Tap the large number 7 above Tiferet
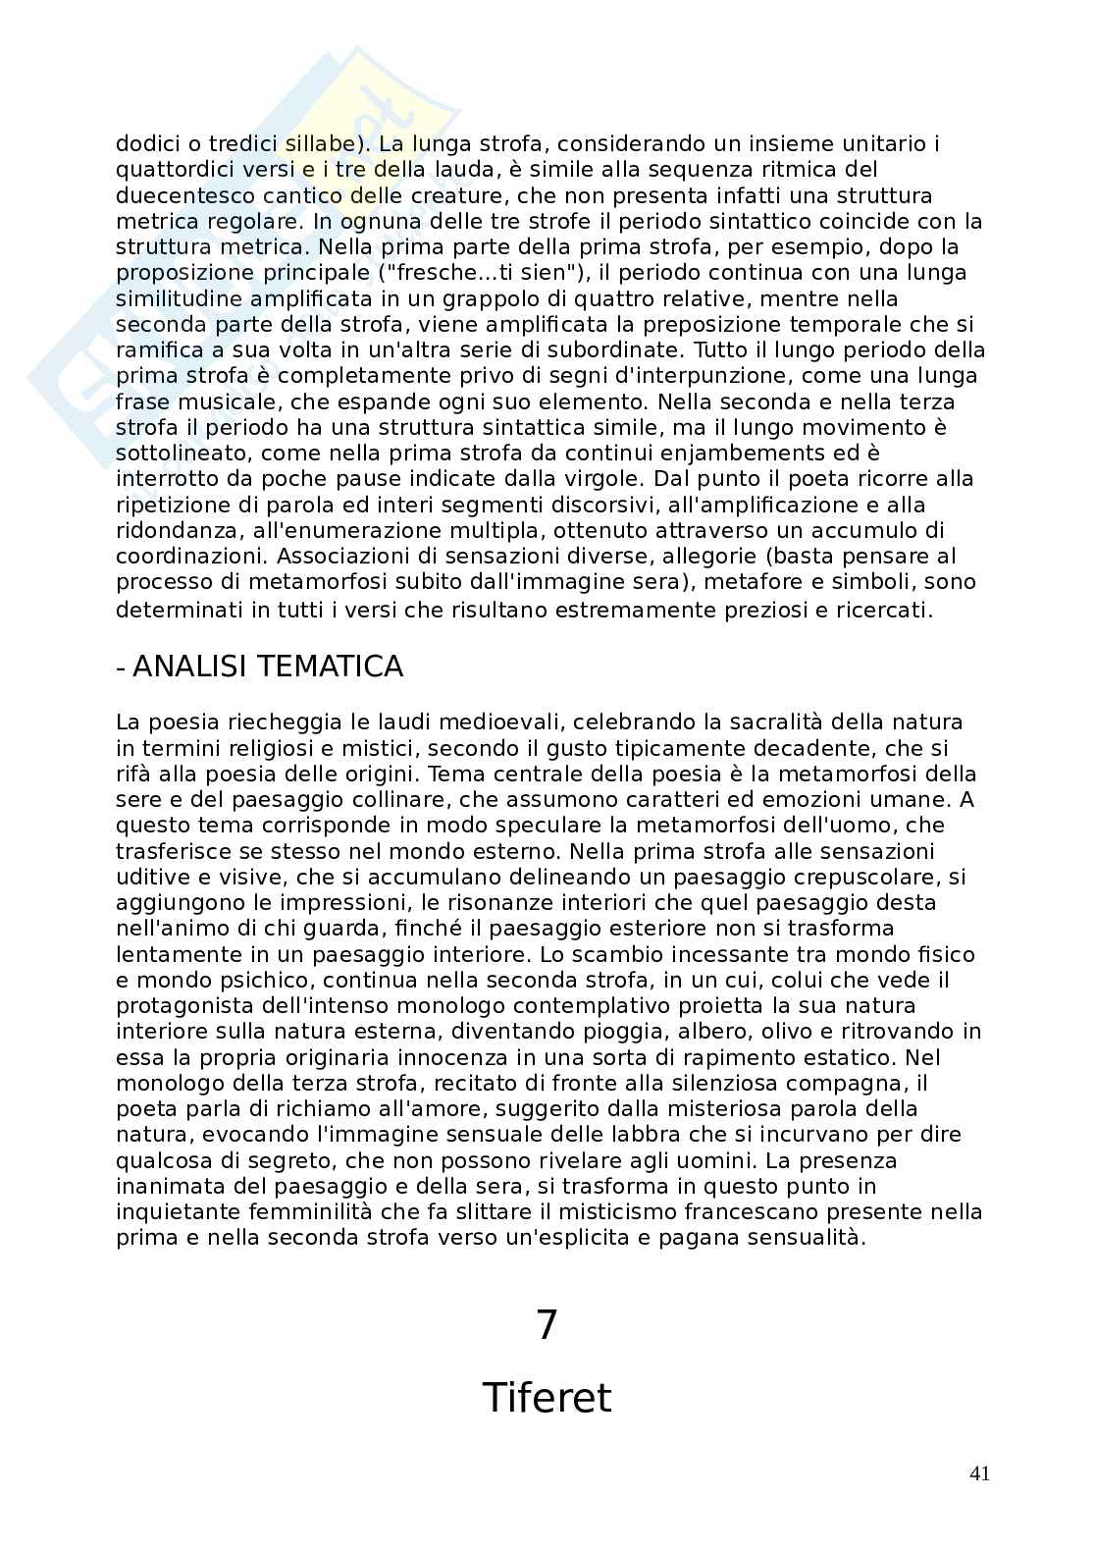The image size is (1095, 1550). tap(547, 1325)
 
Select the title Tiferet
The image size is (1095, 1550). tap(547, 1397)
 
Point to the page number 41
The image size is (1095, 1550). tap(978, 1473)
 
